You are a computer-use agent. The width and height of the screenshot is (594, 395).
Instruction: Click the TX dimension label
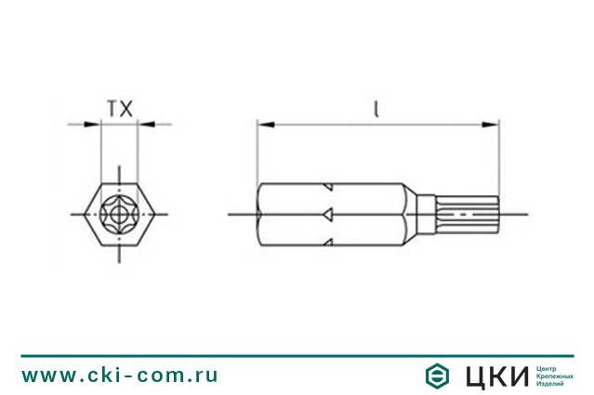point(118,108)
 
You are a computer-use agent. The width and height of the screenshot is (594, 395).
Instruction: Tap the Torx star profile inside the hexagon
point(119,214)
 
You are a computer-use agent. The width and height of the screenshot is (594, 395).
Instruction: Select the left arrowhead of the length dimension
point(263,124)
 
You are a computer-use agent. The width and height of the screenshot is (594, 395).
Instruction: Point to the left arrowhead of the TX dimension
point(94,124)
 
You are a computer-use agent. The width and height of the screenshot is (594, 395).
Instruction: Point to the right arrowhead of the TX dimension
point(144,124)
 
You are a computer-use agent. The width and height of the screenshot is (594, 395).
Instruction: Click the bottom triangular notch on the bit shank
point(329,244)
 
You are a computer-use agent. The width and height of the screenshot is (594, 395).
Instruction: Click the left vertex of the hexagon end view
point(81,214)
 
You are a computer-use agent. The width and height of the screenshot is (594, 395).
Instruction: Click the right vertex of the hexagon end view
point(157,214)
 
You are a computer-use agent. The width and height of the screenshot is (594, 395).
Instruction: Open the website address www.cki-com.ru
point(120,375)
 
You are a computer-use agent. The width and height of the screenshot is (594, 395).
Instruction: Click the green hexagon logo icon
point(435,375)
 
